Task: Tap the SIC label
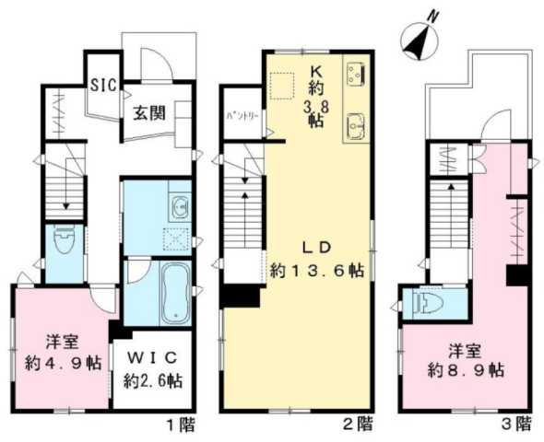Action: (101, 87)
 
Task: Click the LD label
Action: (313, 245)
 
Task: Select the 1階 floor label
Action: (180, 425)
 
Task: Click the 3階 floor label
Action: (517, 425)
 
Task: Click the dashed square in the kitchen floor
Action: (281, 86)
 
